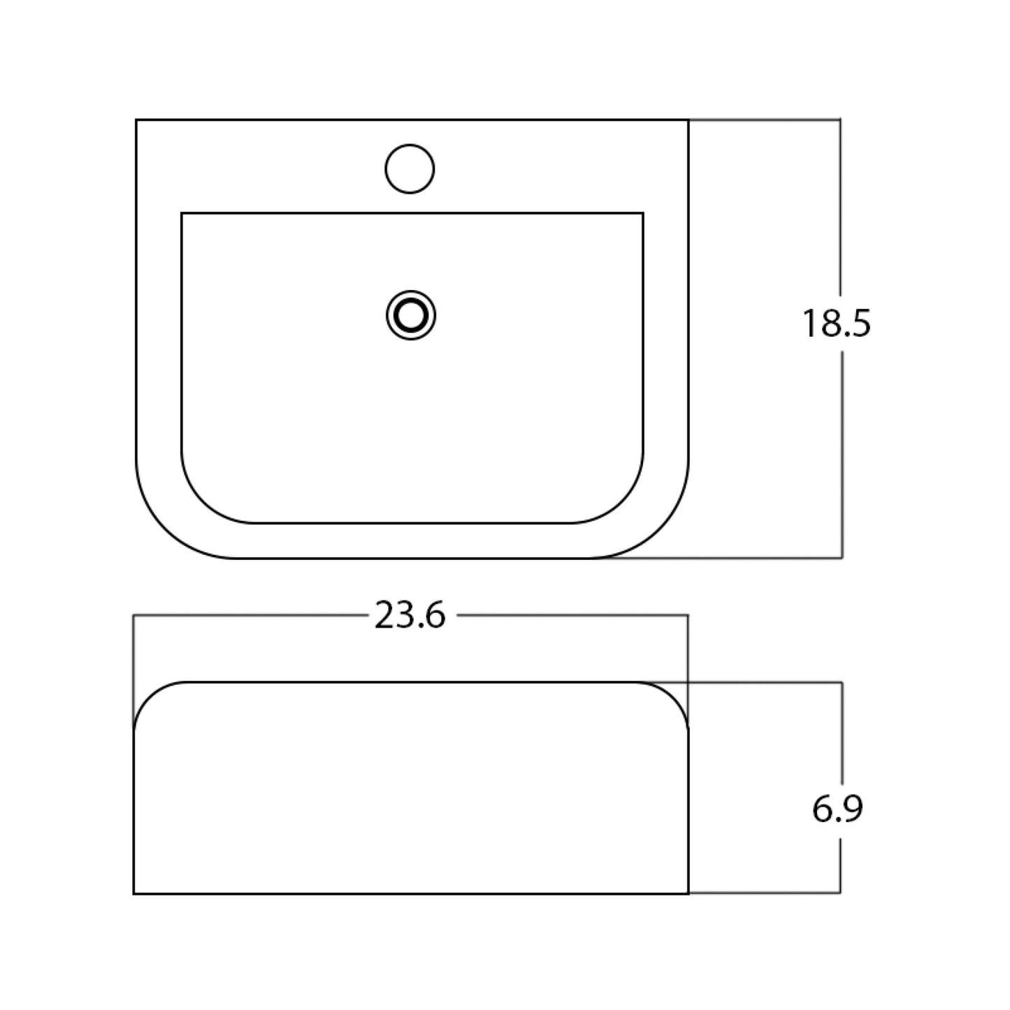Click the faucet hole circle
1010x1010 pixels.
410,168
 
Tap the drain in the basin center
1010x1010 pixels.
411,315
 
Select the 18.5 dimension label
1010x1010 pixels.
836,324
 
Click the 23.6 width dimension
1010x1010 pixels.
410,616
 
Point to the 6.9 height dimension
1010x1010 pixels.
837,809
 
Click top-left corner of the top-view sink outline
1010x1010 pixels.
136,120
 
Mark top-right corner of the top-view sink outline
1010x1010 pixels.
688,120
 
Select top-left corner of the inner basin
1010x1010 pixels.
182,212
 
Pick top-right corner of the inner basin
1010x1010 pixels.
643,212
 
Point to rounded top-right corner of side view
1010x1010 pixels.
675,695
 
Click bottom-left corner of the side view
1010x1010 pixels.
134,893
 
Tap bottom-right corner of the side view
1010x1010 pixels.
688,893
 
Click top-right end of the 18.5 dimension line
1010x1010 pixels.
839,120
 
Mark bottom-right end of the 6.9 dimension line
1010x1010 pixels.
839,893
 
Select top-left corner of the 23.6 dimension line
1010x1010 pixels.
134,615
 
